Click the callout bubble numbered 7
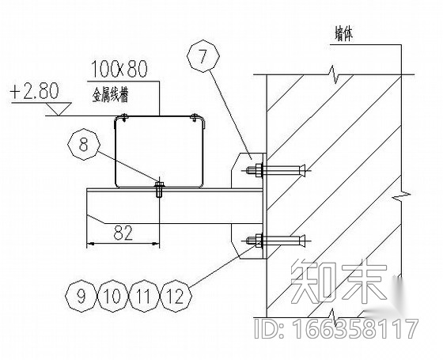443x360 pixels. coord(203,56)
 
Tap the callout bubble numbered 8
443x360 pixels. coord(84,144)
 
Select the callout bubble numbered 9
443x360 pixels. coord(81,296)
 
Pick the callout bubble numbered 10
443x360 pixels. coord(113,296)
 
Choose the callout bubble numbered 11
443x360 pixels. coord(144,296)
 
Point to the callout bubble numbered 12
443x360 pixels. coord(176,296)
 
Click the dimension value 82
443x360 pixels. coord(123,233)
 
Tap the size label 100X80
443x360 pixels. coord(119,70)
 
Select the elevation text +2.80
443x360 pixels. coord(34,91)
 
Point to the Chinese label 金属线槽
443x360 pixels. coord(110,94)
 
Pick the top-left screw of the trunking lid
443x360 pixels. coord(124,117)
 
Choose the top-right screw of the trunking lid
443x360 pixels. coord(195,117)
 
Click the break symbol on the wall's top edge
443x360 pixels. coord(335,74)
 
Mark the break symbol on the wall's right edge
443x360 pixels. coord(402,195)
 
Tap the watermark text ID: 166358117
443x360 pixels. coord(336,328)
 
